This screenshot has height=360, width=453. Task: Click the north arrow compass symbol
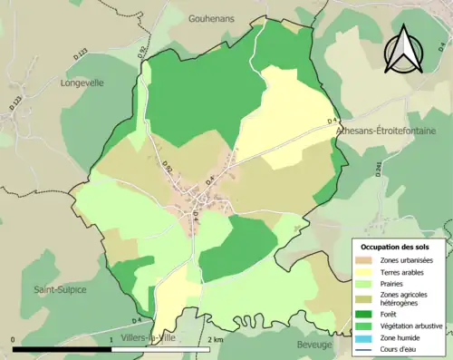404,49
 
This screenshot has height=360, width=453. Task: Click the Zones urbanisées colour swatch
365,261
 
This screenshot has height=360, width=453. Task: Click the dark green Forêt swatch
365,316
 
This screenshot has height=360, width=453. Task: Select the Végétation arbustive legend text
414,326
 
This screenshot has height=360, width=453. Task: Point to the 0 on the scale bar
14,339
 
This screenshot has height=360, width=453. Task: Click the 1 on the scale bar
111,339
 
